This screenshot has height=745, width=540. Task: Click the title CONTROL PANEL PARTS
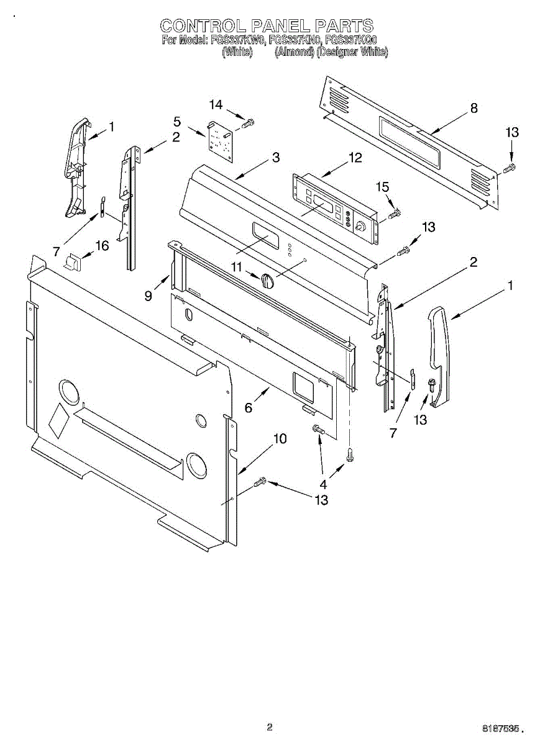tap(267, 25)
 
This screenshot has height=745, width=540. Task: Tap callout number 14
tap(215, 104)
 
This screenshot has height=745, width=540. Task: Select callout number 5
tap(177, 121)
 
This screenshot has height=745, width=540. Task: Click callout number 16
tap(101, 246)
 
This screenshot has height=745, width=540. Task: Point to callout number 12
tap(355, 158)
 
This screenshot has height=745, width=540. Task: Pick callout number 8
tap(474, 108)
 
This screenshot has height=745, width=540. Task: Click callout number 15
tap(382, 186)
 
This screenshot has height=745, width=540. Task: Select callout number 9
tap(149, 296)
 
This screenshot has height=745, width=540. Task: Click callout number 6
tap(249, 408)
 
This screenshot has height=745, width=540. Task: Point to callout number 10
tap(280, 439)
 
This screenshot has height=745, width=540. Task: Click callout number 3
tap(275, 158)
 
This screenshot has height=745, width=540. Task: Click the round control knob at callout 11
tap(267, 281)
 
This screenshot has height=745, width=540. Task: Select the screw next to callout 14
tap(248, 124)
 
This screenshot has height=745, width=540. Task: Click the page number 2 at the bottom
tap(270, 727)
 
